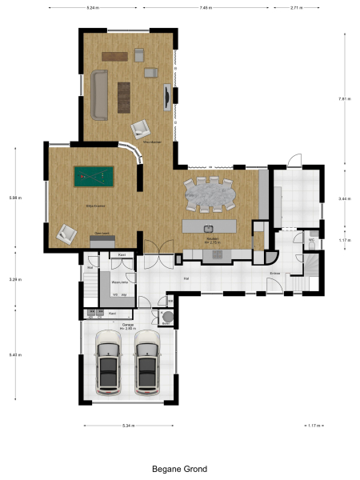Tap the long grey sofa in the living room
[99, 94]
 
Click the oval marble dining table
[211, 194]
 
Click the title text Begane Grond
[180, 469]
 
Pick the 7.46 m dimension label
[206, 7]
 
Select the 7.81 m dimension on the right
[343, 98]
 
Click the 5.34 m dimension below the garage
[128, 426]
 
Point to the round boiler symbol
[168, 318]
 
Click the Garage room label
[127, 324]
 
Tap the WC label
[310, 239]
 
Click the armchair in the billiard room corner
[66, 233]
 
